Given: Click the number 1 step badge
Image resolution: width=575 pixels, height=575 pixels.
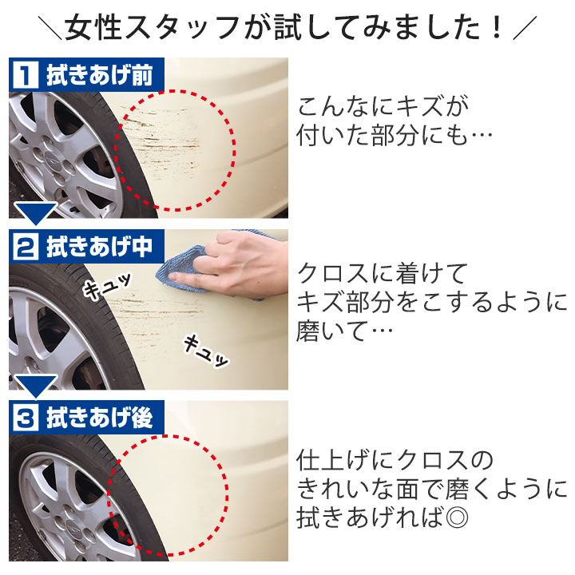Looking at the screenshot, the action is point(26,74).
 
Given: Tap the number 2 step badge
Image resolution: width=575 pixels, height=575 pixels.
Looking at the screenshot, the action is point(26,246).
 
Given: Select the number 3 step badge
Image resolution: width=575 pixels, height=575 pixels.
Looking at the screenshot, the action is point(26,418).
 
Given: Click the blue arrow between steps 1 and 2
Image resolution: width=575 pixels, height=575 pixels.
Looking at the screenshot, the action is point(36,213).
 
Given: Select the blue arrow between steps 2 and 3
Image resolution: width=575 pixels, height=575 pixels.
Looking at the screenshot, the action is point(36,386).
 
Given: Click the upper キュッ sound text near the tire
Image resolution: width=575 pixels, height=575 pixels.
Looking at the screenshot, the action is point(106,285).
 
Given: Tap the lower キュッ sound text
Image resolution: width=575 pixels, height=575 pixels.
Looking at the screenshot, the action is point(205,351).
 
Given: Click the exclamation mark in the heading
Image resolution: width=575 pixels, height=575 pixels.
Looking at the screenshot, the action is point(498,27).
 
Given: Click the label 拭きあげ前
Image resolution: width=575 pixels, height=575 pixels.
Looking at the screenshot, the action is point(99,75).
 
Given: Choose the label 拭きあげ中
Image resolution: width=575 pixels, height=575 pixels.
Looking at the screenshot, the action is point(99,246).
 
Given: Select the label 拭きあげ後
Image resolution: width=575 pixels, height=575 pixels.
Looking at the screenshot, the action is point(99,418).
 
